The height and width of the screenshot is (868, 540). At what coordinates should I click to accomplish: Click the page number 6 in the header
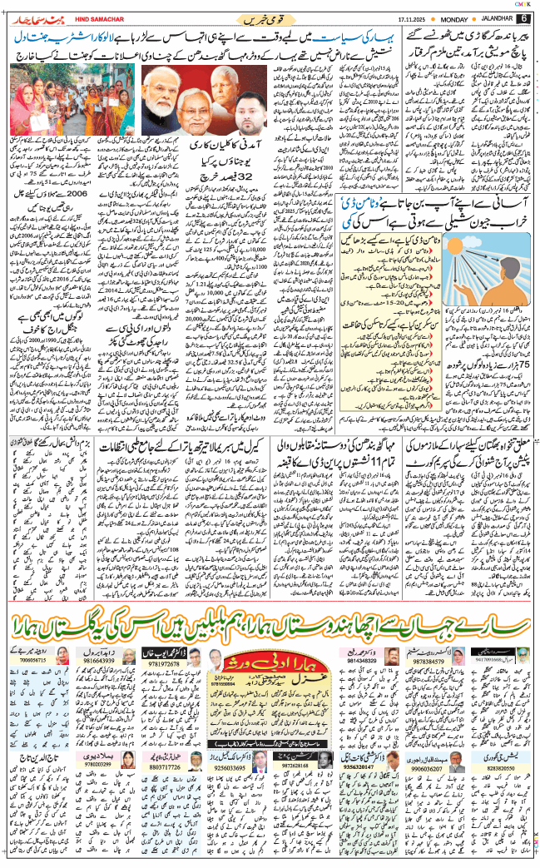click(x=524, y=18)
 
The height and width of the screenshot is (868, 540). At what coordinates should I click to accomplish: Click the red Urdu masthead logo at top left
click(x=37, y=17)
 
